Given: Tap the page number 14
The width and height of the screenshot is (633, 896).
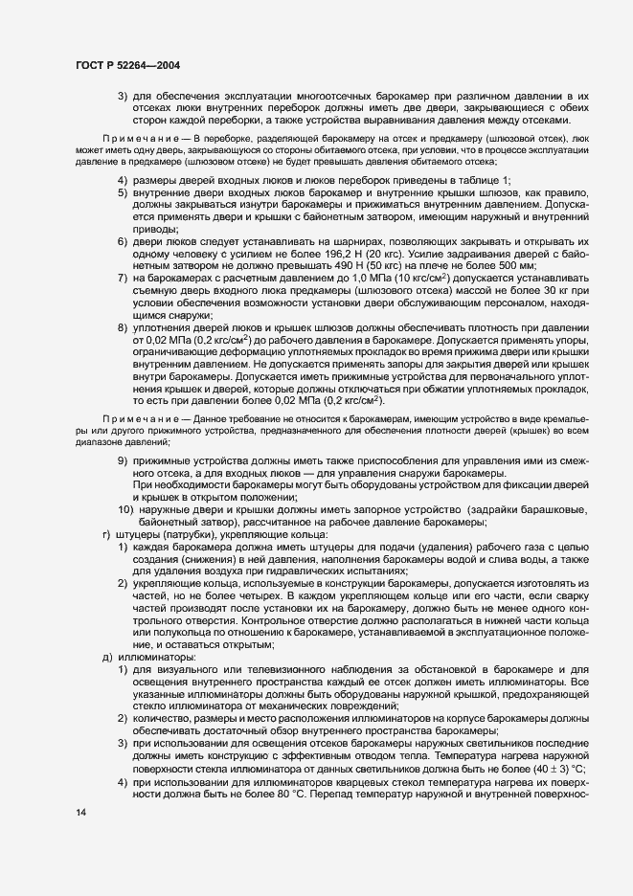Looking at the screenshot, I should [79, 813].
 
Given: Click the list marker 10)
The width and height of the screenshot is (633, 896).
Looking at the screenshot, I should [125, 508].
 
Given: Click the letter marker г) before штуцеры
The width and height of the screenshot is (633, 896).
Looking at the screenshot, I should [105, 533].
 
